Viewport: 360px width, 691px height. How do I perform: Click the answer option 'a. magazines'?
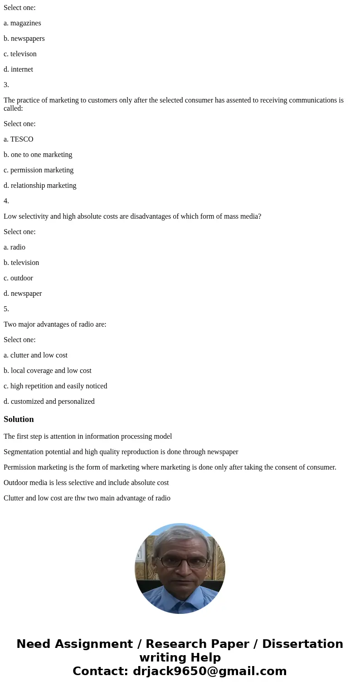point(22,23)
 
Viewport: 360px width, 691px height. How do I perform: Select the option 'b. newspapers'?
point(24,39)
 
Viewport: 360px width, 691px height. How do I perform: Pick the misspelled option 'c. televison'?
point(20,54)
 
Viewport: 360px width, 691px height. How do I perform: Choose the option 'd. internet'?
point(18,69)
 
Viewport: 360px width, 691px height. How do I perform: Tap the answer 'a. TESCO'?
point(19,139)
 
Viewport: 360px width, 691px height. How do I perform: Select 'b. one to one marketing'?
point(38,155)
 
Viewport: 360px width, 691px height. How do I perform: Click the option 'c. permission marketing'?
point(39,170)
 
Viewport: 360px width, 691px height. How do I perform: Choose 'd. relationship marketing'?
point(40,186)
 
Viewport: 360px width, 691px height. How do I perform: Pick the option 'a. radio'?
point(15,247)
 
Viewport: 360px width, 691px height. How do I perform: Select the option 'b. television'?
point(21,263)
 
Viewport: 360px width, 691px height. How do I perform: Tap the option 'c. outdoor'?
point(18,278)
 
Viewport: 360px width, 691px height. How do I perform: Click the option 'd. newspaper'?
point(23,294)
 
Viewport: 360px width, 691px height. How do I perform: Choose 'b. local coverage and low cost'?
point(48,371)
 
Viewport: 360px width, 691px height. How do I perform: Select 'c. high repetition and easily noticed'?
point(55,386)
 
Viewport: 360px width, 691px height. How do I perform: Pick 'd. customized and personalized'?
point(49,402)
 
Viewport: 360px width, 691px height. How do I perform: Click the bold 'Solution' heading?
point(19,419)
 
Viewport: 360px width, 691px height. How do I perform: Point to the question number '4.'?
point(6,201)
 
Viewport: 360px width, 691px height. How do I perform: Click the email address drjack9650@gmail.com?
point(209,671)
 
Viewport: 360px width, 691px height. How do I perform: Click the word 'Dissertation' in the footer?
point(302,644)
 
